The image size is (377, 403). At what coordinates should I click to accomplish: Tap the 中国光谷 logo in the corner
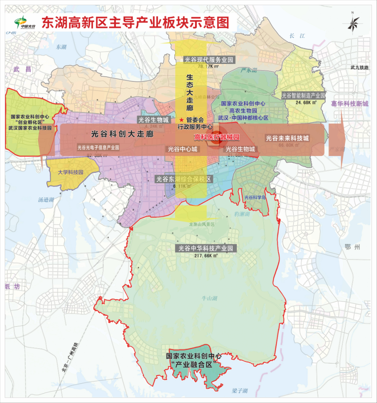pyautogui.click(x=25, y=22)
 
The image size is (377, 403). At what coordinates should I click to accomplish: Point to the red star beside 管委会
pyautogui.click(x=181, y=120)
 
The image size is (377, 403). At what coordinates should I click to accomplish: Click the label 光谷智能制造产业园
pyautogui.click(x=304, y=96)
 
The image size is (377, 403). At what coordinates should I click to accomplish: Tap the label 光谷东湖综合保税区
pyautogui.click(x=184, y=179)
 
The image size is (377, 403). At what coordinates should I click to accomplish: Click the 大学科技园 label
pyautogui.click(x=71, y=172)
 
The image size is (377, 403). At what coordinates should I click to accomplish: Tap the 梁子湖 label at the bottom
pyautogui.click(x=240, y=391)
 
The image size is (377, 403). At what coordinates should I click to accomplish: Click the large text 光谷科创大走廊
pyautogui.click(x=122, y=133)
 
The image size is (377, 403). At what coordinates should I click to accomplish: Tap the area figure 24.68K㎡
pyautogui.click(x=304, y=103)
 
